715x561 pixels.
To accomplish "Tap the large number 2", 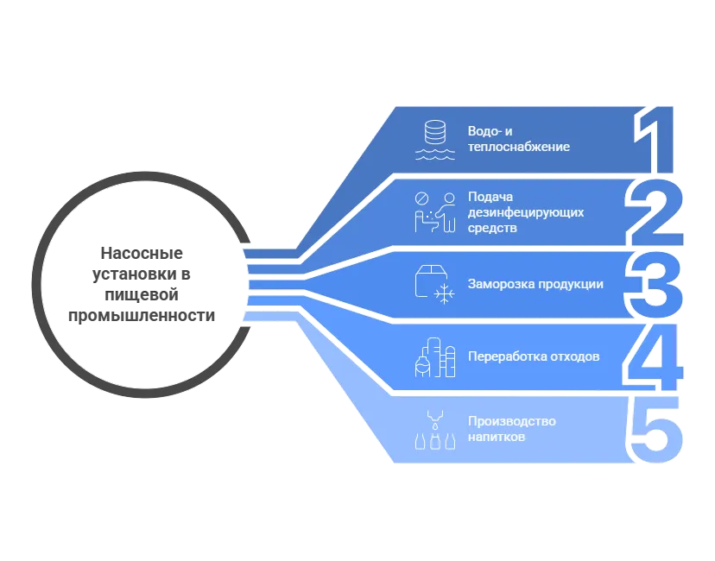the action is (655, 212).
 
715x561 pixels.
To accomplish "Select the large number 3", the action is (653, 285).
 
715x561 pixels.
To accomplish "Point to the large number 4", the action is (653, 357).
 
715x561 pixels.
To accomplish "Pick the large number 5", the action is (655, 430).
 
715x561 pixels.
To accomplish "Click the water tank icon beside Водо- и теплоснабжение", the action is (435, 140).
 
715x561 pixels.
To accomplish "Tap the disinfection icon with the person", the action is (435, 212).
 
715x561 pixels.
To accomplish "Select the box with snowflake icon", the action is (435, 284).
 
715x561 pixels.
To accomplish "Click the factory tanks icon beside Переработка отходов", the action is (435, 357).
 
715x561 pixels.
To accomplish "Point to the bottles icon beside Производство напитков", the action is (435, 430).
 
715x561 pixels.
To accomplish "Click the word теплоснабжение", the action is (519, 147).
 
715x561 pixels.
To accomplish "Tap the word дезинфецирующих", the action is (526, 213).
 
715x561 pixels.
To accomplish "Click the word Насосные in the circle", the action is (142, 253).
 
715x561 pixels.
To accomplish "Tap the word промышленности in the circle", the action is (142, 315).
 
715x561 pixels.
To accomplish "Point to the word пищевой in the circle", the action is (142, 295).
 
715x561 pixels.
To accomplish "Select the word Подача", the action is (490, 197).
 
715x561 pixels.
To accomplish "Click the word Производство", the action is (511, 421).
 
